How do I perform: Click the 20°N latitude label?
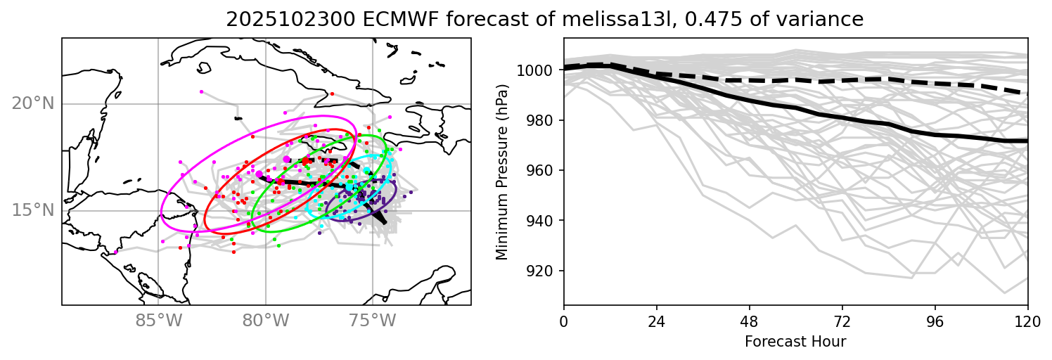pyautogui.click(x=32, y=104)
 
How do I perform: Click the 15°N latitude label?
pyautogui.click(x=32, y=210)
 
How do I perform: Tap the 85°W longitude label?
pyautogui.click(x=158, y=321)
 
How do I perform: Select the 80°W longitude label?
pyautogui.click(x=266, y=321)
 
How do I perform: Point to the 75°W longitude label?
pyautogui.click(x=373, y=321)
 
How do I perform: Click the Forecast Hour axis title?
pyautogui.click(x=795, y=342)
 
